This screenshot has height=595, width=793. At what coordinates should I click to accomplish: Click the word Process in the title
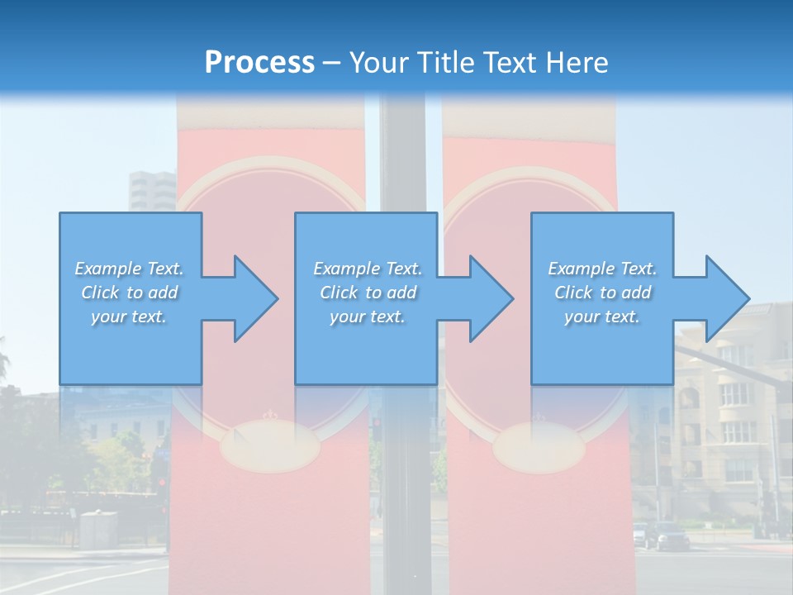[x=259, y=63]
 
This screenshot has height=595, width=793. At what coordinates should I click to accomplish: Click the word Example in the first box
[x=108, y=269]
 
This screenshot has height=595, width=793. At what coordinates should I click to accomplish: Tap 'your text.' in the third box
[x=601, y=317]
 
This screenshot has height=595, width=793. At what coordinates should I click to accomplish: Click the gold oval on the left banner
[x=268, y=447]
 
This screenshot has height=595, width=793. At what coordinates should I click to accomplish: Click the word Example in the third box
[x=582, y=269]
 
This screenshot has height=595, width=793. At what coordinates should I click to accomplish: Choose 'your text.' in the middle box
[x=367, y=317]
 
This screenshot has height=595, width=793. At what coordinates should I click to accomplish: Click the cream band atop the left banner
[x=271, y=116]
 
